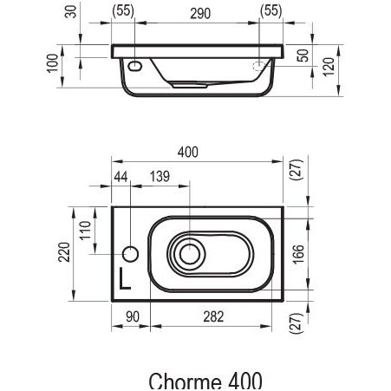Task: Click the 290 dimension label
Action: pyautogui.click(x=200, y=13)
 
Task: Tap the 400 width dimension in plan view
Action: pyautogui.click(x=188, y=152)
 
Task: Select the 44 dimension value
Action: pyautogui.click(x=121, y=177)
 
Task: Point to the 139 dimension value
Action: pyautogui.click(x=160, y=177)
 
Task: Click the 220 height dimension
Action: pyautogui.click(x=64, y=252)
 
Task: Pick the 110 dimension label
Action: pyautogui.click(x=85, y=231)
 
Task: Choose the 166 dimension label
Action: pyautogui.click(x=298, y=254)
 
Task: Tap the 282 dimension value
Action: pyautogui.click(x=213, y=316)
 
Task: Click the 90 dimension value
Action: pyautogui.click(x=133, y=316)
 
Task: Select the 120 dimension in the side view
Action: pyautogui.click(x=329, y=67)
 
